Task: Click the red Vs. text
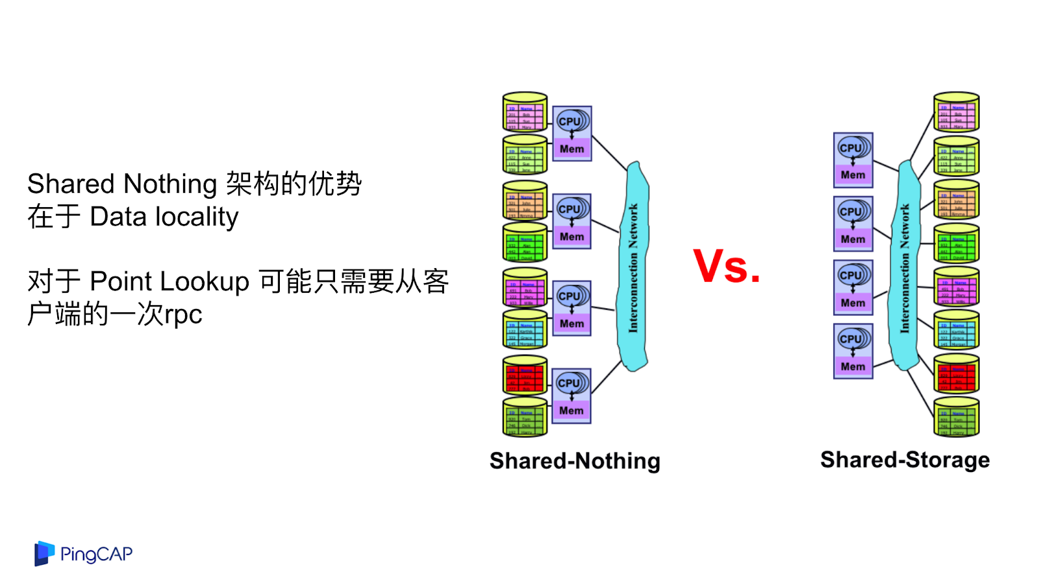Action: [x=726, y=266]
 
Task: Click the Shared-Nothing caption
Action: [x=575, y=461]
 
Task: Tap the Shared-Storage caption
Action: [x=905, y=460]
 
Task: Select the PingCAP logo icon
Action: [x=44, y=554]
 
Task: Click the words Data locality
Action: [x=164, y=217]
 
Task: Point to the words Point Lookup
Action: [x=169, y=282]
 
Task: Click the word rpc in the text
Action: [x=183, y=315]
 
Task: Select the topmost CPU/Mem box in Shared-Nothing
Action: [x=571, y=134]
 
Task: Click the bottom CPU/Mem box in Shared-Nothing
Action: [x=571, y=396]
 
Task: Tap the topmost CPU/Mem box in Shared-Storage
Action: [x=853, y=160]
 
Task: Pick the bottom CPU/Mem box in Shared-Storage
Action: [x=853, y=351]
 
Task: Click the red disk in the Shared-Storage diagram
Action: [x=956, y=373]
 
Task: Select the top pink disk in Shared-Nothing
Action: [x=525, y=112]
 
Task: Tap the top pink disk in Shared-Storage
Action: [x=956, y=112]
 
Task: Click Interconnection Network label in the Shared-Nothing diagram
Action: [x=633, y=268]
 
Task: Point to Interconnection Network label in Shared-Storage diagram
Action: [x=905, y=268]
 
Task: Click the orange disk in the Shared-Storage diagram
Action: [x=956, y=199]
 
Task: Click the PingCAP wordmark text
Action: [x=96, y=554]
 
